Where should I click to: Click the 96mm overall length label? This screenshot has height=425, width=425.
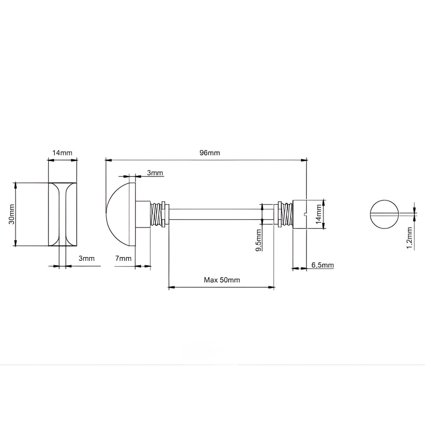click(x=209, y=153)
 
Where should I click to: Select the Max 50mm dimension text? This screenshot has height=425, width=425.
click(x=222, y=280)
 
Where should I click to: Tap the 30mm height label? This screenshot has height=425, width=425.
click(x=12, y=214)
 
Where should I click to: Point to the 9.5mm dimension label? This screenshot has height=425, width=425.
click(x=259, y=240)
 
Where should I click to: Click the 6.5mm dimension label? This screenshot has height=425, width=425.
click(x=323, y=265)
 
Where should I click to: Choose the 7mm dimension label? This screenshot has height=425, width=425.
click(x=124, y=258)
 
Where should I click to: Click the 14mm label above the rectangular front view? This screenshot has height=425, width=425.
click(x=62, y=153)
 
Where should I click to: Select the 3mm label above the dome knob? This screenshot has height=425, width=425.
click(x=155, y=173)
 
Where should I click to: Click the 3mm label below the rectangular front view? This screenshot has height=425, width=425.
click(x=87, y=258)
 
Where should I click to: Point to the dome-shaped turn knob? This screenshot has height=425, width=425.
click(x=120, y=214)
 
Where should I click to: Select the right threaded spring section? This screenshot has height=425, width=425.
click(x=287, y=214)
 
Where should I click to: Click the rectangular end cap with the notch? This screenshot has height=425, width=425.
click(x=300, y=215)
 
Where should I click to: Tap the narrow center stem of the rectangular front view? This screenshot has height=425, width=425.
click(x=62, y=214)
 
